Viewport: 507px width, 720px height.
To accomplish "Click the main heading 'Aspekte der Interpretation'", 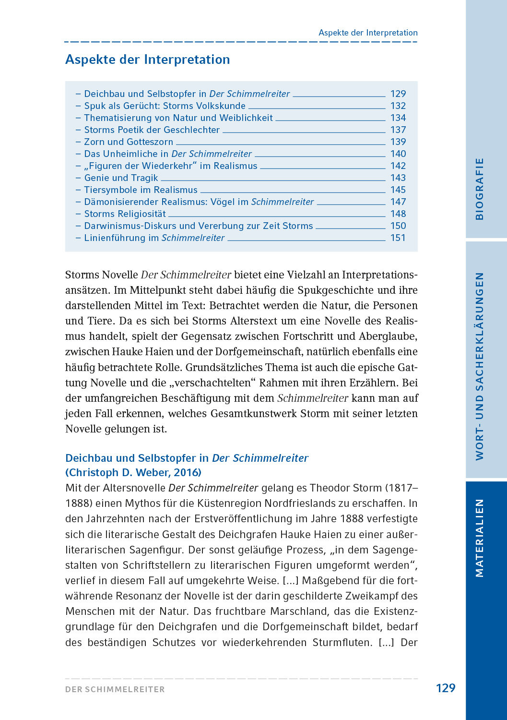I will click(147, 60).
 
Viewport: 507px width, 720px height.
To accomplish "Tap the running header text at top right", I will click(368, 33).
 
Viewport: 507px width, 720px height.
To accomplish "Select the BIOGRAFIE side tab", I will click(479, 189).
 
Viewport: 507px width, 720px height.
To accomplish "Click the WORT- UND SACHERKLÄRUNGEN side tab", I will click(479, 366).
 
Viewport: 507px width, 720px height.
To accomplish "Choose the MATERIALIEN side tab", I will click(479, 538).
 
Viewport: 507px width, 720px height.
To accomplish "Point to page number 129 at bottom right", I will click(445, 688).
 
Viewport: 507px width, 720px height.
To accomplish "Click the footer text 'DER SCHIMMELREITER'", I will click(115, 689).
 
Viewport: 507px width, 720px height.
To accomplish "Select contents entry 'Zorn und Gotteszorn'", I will click(129, 142).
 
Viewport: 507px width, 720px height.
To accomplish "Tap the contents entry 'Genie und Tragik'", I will click(121, 178).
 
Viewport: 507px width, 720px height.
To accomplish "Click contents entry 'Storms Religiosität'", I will click(125, 214).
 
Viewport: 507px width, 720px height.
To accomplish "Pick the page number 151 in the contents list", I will click(398, 238).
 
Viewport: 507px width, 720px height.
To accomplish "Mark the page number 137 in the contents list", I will click(398, 130).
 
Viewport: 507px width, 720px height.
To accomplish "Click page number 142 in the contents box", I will click(398, 166).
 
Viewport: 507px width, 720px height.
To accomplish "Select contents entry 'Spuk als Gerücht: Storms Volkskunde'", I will click(165, 106).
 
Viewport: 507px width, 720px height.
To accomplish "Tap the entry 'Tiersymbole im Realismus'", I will click(141, 190).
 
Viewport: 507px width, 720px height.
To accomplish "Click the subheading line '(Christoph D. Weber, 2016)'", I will click(133, 472).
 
